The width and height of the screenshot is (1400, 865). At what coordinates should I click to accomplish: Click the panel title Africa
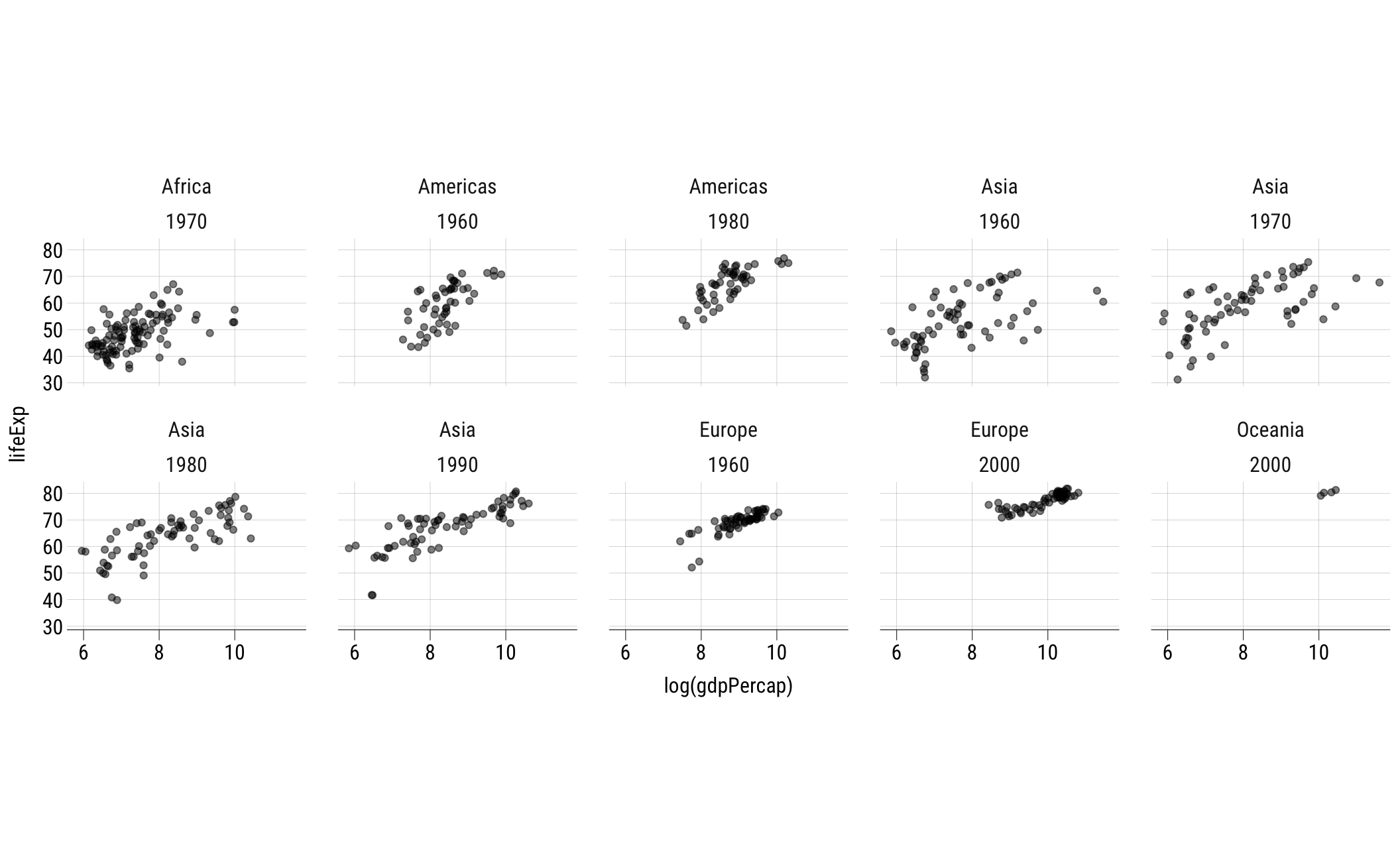tap(186, 187)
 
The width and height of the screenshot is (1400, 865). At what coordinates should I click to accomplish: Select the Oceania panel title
tap(1269, 430)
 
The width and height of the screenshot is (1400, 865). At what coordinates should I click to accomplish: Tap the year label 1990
tap(457, 465)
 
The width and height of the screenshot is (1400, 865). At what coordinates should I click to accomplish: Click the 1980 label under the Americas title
tap(728, 222)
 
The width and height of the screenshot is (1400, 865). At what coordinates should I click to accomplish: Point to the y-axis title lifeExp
tap(18, 433)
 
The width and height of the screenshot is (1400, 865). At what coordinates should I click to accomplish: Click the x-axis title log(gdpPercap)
tap(728, 686)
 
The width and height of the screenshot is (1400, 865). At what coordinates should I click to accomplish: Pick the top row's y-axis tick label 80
tap(53, 251)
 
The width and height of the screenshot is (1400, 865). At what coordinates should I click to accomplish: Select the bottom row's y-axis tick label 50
tap(53, 573)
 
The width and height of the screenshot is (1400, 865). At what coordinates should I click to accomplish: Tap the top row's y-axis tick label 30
tap(53, 383)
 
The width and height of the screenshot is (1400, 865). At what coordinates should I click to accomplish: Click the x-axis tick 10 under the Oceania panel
tap(1318, 653)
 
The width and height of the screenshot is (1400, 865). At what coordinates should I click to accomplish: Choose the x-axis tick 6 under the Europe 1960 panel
tap(625, 653)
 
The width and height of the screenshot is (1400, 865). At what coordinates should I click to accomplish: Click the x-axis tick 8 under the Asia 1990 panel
tap(430, 653)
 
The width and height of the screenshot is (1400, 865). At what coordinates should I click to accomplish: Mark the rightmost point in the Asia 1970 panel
tap(1379, 282)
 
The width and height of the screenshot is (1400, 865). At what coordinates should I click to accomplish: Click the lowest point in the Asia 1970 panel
tap(1177, 380)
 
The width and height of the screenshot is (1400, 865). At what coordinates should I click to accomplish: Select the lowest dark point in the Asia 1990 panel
tap(372, 595)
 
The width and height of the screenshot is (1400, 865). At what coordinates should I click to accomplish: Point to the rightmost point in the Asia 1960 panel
tap(1103, 302)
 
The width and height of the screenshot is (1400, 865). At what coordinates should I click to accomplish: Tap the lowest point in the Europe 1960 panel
tap(691, 567)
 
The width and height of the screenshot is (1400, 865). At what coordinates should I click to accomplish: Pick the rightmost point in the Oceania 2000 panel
tap(1335, 490)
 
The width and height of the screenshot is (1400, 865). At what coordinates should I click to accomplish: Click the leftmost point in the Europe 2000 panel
tap(988, 504)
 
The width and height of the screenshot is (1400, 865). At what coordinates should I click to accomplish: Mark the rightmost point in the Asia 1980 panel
tap(251, 538)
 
